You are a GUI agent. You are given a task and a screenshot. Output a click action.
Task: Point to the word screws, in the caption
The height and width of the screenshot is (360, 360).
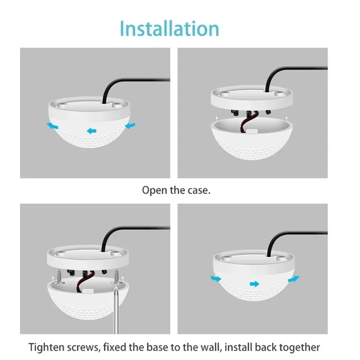(88, 347)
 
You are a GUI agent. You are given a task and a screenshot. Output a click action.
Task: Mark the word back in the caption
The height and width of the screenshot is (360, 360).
(268, 347)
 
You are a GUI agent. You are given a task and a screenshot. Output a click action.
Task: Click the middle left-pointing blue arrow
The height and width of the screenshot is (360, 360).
(92, 131)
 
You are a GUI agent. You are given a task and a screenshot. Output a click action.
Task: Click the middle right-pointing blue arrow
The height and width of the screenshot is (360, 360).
(255, 284)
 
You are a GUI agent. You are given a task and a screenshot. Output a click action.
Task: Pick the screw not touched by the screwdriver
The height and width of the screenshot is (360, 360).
(58, 275)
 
